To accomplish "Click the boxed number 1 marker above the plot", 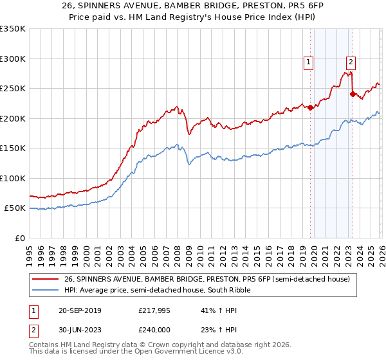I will [309, 62].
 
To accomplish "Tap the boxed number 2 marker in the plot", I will [351, 62].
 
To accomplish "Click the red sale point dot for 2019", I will [310, 107].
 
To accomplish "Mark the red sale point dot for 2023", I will [353, 94].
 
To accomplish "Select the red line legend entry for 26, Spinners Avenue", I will [206, 279].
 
